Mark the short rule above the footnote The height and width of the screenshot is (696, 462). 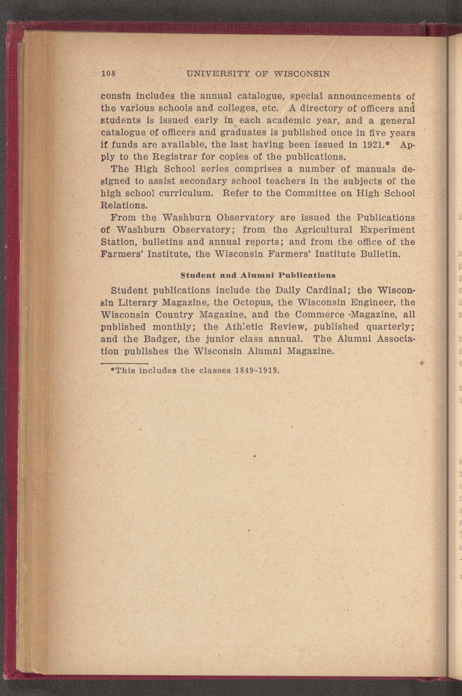pyautogui.click(x=124, y=364)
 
